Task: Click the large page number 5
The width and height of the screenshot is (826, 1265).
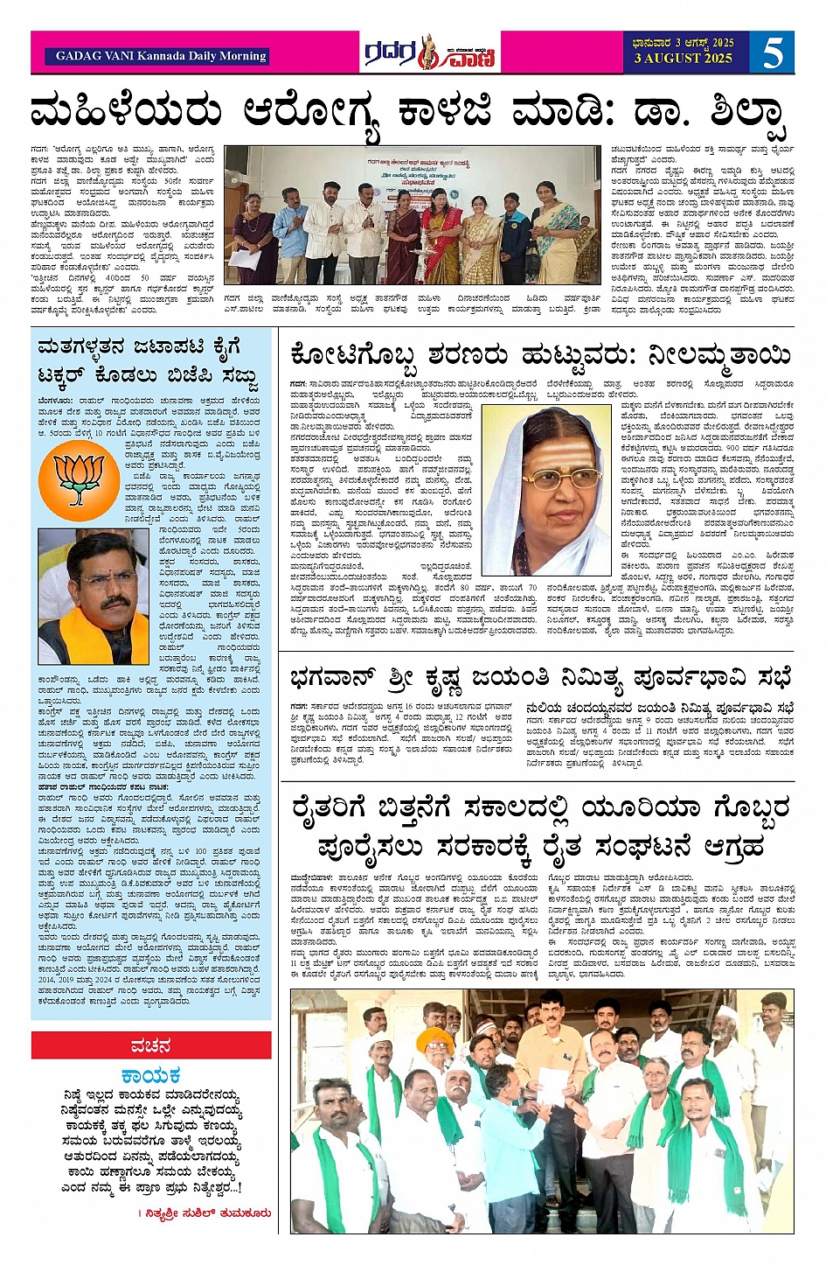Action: [772, 52]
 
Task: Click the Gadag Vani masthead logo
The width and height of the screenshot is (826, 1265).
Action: [429, 52]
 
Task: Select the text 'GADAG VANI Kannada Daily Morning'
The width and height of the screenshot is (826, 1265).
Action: [160, 56]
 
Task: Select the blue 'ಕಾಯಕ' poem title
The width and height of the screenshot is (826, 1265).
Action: [150, 1075]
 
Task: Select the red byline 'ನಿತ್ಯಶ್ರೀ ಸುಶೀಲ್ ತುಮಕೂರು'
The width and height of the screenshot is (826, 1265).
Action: [206, 1213]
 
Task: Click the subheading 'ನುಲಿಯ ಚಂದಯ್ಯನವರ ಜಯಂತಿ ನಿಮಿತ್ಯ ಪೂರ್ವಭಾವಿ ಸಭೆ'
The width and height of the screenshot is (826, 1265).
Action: [660, 707]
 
